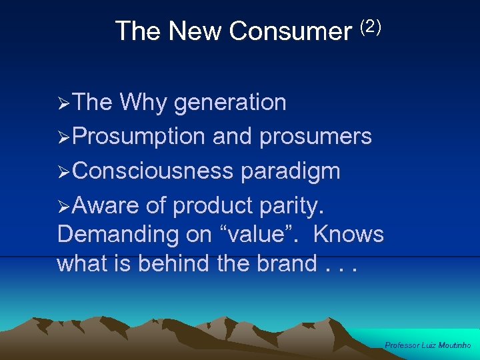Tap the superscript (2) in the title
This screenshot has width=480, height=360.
click(370, 27)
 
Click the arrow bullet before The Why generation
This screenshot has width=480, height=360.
click(64, 104)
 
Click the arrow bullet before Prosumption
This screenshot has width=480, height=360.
click(64, 138)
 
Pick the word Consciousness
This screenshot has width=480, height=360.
click(153, 171)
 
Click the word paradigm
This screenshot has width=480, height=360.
click(291, 171)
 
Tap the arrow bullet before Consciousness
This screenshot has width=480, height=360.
click(64, 173)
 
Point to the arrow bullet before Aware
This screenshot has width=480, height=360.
click(64, 207)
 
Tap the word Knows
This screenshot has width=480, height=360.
click(348, 235)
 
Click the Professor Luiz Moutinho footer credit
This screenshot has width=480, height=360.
click(428, 345)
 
